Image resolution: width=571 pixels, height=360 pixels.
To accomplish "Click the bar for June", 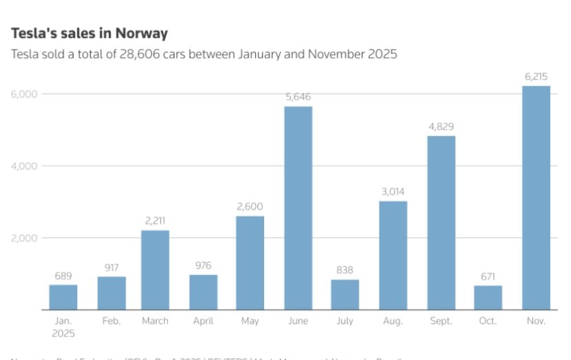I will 298,208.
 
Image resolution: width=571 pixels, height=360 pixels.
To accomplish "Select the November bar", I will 536,198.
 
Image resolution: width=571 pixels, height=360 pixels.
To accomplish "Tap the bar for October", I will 488,297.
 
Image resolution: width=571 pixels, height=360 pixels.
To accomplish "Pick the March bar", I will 155,270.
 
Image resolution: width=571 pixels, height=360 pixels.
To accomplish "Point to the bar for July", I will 345,294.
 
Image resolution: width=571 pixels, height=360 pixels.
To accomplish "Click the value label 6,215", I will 536,77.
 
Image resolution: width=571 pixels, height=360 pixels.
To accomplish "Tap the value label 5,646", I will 298,97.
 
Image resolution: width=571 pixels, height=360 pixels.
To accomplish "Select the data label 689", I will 63,276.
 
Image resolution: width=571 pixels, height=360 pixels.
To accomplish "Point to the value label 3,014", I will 393,192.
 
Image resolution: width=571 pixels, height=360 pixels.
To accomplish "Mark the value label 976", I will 203,266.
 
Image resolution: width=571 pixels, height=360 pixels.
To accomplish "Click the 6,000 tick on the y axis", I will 25,94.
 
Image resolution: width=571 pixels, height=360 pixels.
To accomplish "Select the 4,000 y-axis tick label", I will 25,166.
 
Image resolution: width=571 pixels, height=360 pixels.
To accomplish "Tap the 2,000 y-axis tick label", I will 25,238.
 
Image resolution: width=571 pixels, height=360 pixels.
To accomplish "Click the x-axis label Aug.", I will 393,321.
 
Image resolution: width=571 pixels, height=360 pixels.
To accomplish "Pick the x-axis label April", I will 203,321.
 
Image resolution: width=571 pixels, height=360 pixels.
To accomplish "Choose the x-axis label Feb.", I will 111,321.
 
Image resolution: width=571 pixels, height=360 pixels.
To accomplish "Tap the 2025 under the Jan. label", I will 63,332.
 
